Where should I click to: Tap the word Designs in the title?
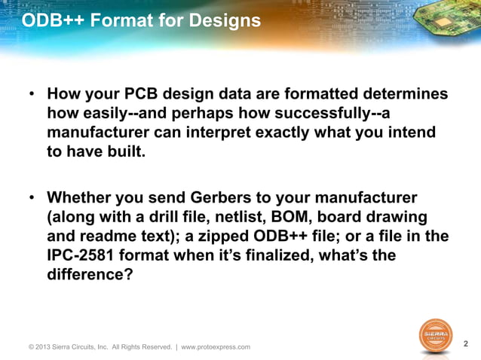[x=228, y=20]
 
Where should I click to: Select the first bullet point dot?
[x=32, y=96]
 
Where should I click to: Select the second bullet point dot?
[x=32, y=198]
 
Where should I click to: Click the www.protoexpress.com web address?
[x=216, y=347]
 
